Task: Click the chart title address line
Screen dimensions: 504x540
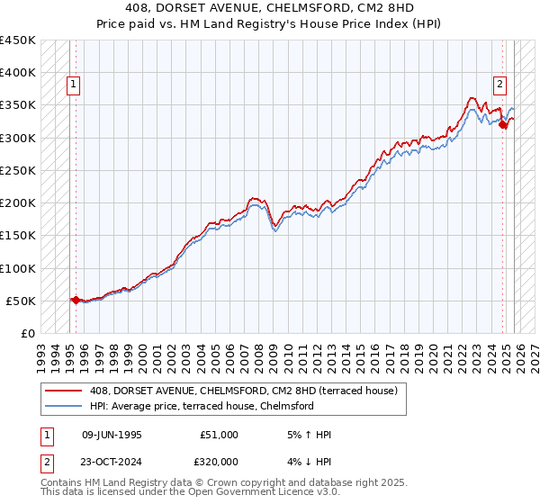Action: click(x=269, y=9)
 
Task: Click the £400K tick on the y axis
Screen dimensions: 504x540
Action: click(x=18, y=72)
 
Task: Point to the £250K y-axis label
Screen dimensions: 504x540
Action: click(x=18, y=170)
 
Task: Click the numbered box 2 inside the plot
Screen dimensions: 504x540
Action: click(x=499, y=85)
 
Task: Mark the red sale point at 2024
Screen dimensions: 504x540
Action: click(x=504, y=125)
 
